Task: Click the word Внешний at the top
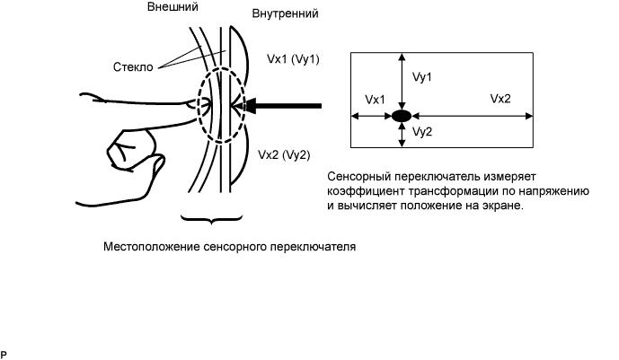pyautogui.click(x=171, y=7)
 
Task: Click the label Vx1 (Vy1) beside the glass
pyautogui.click(x=294, y=58)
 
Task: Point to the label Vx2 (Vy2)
pyautogui.click(x=283, y=154)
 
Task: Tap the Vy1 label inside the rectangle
pyautogui.click(x=423, y=78)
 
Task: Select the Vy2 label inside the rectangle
pyautogui.click(x=423, y=132)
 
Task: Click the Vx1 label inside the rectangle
pyautogui.click(x=376, y=98)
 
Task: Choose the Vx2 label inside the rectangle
pyautogui.click(x=500, y=98)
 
